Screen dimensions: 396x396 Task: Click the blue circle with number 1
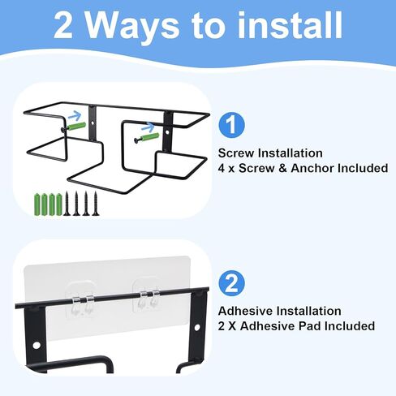coord(231,125)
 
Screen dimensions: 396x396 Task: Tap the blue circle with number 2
coord(231,283)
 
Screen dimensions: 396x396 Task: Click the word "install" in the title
coord(290,25)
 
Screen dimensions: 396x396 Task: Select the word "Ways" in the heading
coord(132,28)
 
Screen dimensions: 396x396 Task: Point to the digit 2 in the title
coord(63,25)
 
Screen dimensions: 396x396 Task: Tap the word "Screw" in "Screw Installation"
coord(236,153)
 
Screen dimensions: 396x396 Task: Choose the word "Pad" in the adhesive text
coord(310,326)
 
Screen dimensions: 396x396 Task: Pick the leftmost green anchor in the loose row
coord(37,204)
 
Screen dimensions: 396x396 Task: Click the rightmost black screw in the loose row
coord(95,204)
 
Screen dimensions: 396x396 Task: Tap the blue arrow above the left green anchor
coord(75,116)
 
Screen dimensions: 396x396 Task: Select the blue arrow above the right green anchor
coord(148,127)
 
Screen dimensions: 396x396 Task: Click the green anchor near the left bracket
coord(77,127)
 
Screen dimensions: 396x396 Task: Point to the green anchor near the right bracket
coord(150,137)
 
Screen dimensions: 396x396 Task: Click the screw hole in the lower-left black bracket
coord(36,345)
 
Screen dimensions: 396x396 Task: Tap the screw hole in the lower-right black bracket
coord(197,328)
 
